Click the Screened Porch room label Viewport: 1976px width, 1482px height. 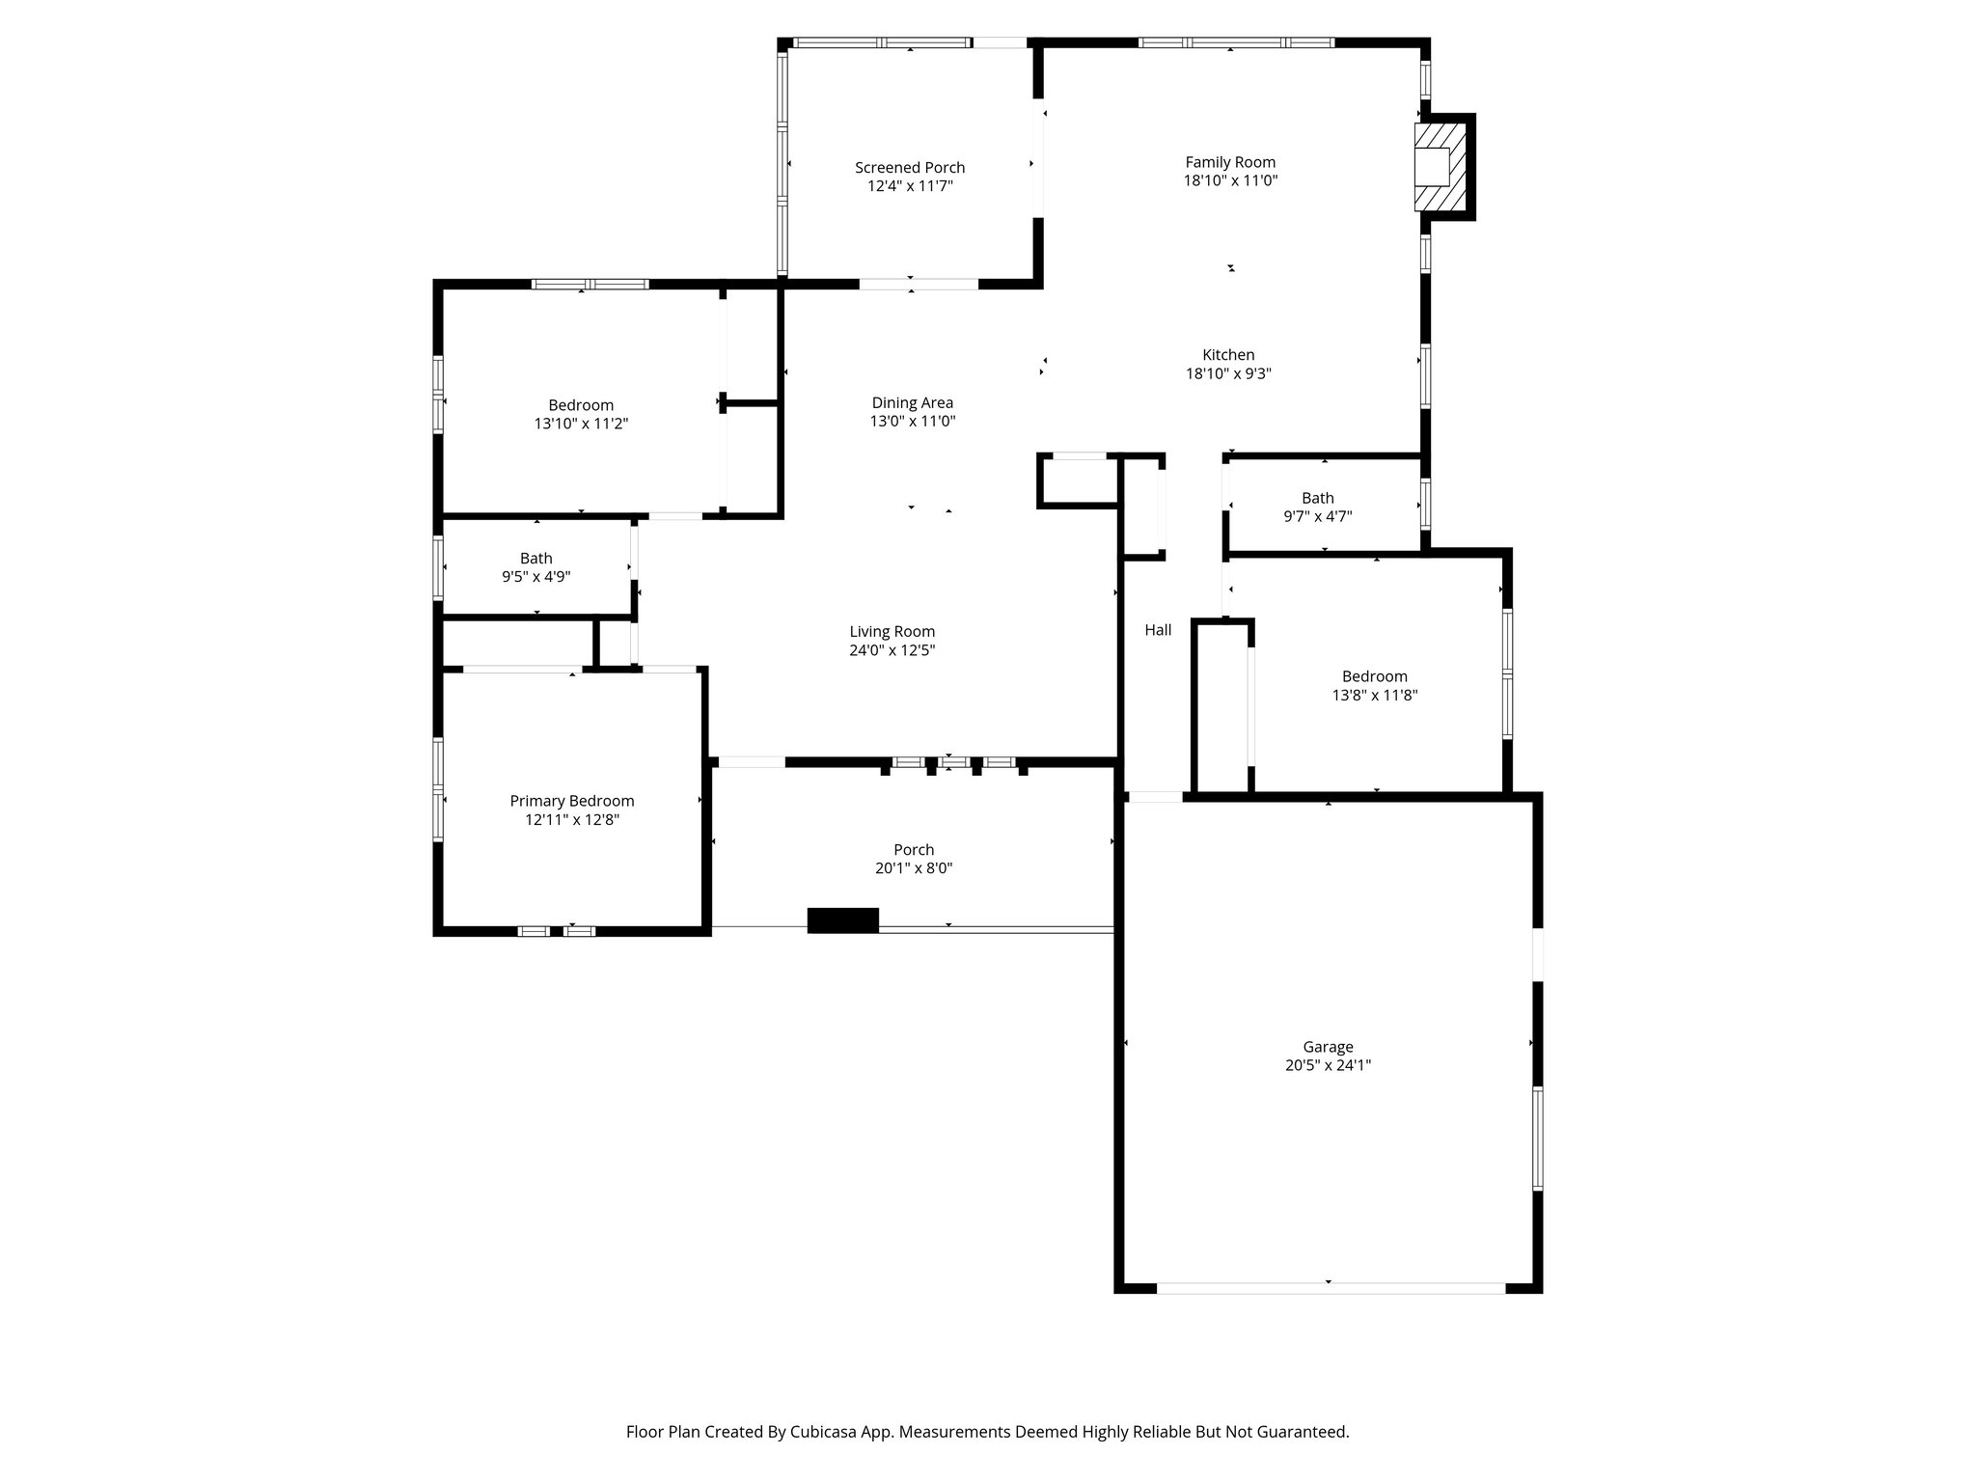coord(909,168)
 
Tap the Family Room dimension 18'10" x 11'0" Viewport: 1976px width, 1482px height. coord(1230,180)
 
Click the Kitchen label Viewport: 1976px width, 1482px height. coord(1228,355)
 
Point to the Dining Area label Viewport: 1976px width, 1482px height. coord(912,403)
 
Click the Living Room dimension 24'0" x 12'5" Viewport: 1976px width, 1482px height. coord(892,650)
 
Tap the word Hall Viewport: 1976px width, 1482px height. coord(1158,630)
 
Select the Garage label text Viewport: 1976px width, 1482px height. coord(1328,1047)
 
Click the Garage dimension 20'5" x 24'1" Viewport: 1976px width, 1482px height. coord(1328,1065)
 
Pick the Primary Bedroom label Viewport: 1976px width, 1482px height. coord(571,801)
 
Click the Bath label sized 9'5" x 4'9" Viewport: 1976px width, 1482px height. coord(535,559)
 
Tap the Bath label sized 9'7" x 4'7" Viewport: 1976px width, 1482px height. coord(1317,499)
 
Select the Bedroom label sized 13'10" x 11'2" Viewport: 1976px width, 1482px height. coord(581,405)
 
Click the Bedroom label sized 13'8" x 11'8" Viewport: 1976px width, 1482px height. coord(1374,676)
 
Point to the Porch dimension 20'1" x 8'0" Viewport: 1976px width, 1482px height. coord(913,868)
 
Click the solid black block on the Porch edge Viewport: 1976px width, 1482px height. coord(842,920)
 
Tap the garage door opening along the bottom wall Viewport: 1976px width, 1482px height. coord(1330,1288)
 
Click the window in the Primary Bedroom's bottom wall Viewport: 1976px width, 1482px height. coord(557,931)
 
